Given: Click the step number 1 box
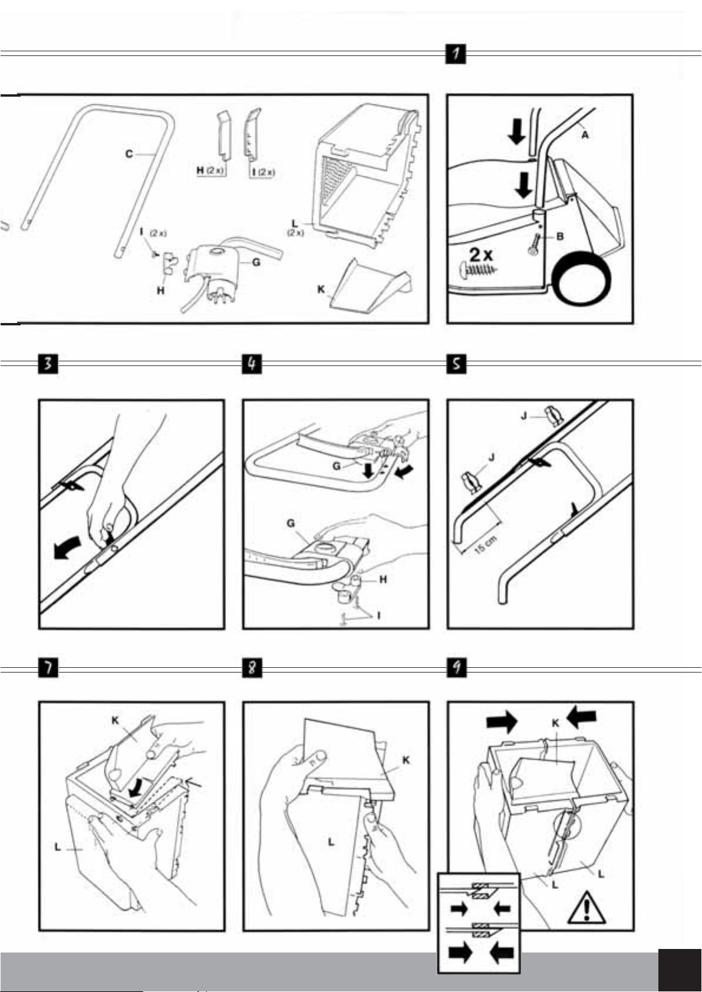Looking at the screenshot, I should click(456, 54).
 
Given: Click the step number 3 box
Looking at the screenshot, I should click(48, 364).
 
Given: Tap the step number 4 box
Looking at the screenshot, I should click(252, 364).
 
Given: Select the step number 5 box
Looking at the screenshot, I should click(456, 364).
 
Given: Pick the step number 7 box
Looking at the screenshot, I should click(48, 668).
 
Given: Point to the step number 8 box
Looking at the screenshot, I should click(252, 668).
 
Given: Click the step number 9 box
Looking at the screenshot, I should click(456, 668).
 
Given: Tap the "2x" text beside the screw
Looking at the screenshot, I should click(482, 255).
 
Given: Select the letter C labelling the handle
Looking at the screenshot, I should click(128, 154).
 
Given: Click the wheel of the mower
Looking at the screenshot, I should click(580, 282).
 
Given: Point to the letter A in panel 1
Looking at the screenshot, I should click(585, 135).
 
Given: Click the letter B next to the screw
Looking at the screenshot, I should click(560, 236).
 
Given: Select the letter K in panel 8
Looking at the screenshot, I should click(406, 760).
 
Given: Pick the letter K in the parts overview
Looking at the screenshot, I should click(321, 289).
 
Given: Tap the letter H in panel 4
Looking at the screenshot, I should click(383, 579).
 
